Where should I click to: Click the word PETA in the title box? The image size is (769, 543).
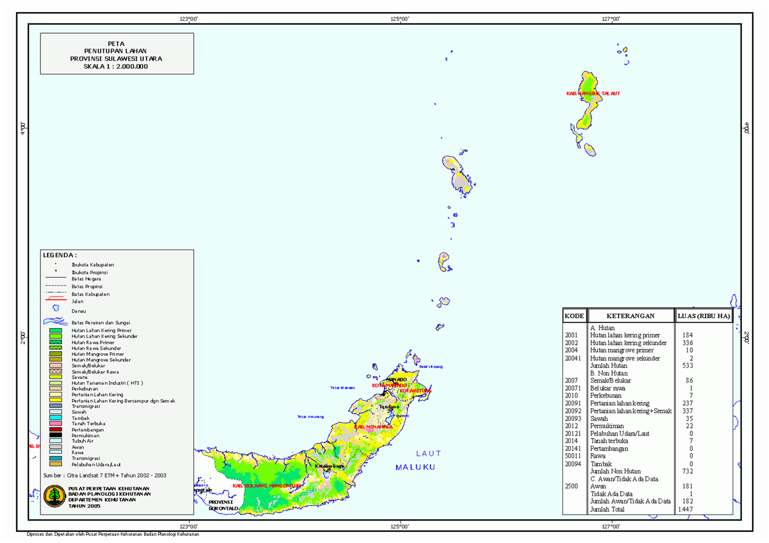tap(116, 44)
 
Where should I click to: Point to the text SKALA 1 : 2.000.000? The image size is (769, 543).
tap(116, 66)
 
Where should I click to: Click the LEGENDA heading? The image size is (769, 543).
tap(60, 255)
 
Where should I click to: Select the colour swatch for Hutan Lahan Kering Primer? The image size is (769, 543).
tap(55, 330)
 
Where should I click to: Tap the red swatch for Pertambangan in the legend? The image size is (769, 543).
tap(55, 430)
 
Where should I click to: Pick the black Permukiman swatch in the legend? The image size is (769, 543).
tap(55, 435)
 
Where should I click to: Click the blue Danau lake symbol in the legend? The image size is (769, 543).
tap(56, 308)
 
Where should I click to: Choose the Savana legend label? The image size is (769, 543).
tap(79, 377)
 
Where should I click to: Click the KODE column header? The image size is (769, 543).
tap(574, 316)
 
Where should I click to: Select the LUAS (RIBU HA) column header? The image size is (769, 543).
tap(704, 316)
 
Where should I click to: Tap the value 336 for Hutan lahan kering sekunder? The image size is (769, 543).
tap(687, 343)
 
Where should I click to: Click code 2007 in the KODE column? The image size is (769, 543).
tap(571, 381)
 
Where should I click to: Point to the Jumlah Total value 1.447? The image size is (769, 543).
tap(685, 509)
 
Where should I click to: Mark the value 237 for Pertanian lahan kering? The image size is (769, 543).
tap(687, 403)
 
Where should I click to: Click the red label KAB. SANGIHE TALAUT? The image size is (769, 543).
tap(593, 93)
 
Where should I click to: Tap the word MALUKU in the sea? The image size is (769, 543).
tap(415, 467)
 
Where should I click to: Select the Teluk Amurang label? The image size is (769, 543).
tap(310, 417)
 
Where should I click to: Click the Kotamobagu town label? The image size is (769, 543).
tap(329, 466)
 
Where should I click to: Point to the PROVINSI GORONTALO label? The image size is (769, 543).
tap(223, 505)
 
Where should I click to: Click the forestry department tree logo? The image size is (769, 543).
tap(54, 496)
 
